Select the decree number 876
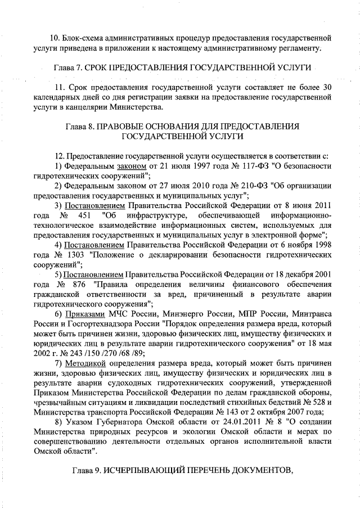coord(82,285)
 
